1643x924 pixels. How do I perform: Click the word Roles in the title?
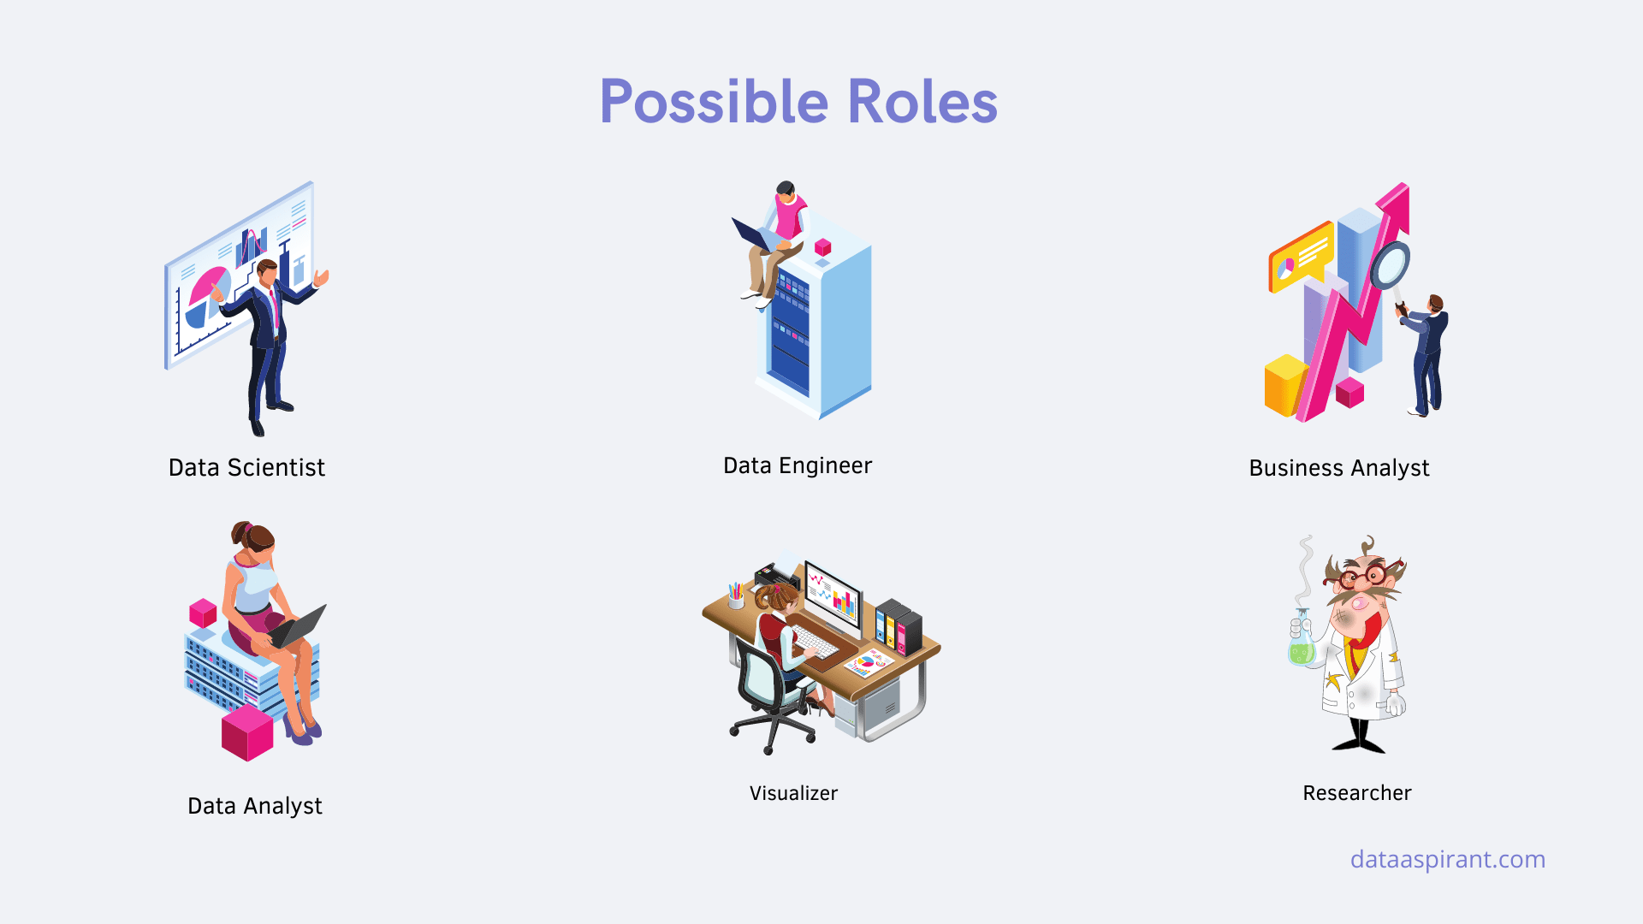click(x=922, y=102)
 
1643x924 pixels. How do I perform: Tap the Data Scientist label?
click(x=246, y=467)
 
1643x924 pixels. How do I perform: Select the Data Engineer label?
click(x=798, y=465)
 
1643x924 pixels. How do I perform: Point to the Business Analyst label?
click(x=1339, y=468)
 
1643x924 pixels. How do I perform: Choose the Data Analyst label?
click(x=255, y=806)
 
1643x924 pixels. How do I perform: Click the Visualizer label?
click(x=793, y=793)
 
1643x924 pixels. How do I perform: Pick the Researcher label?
click(x=1357, y=793)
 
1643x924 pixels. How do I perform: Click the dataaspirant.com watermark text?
click(x=1448, y=859)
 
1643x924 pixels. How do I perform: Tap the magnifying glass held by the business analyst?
click(x=1390, y=267)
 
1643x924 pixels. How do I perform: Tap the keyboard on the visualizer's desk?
click(x=814, y=641)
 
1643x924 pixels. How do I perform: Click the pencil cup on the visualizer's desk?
click(x=735, y=595)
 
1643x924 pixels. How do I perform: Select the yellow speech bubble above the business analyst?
click(x=1301, y=257)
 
